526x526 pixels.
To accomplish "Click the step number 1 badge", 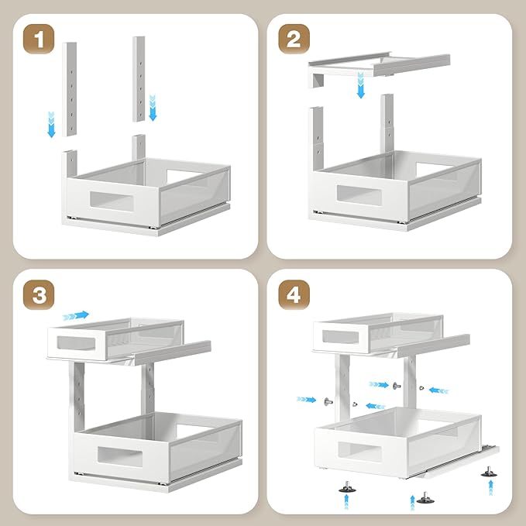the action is coord(39,39).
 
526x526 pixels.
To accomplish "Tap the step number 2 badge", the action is coord(294,39).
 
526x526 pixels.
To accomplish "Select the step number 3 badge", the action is coord(39,295).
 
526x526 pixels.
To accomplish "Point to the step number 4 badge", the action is coord(294,295).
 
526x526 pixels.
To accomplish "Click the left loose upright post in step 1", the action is coord(70,89).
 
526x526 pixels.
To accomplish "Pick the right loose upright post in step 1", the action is coord(139,79).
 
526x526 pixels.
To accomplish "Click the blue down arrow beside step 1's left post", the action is coord(51,124).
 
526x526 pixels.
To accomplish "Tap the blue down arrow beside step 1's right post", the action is coord(153,108).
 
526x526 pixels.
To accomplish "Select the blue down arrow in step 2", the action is coord(361,85).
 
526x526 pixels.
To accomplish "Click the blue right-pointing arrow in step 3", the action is coord(76,315).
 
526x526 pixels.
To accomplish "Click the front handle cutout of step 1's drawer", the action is coord(112,201).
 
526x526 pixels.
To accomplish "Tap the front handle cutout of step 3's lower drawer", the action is coord(120,456).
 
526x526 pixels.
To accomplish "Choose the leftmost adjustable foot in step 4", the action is coord(347,486).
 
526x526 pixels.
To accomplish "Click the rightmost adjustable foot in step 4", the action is coord(489,471).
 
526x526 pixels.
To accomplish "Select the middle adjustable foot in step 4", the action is coord(425,498).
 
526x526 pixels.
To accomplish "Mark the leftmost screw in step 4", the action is coord(328,401).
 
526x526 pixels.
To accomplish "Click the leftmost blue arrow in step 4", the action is coord(306,400).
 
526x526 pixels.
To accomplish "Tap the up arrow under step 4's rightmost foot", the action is coord(491,487).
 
